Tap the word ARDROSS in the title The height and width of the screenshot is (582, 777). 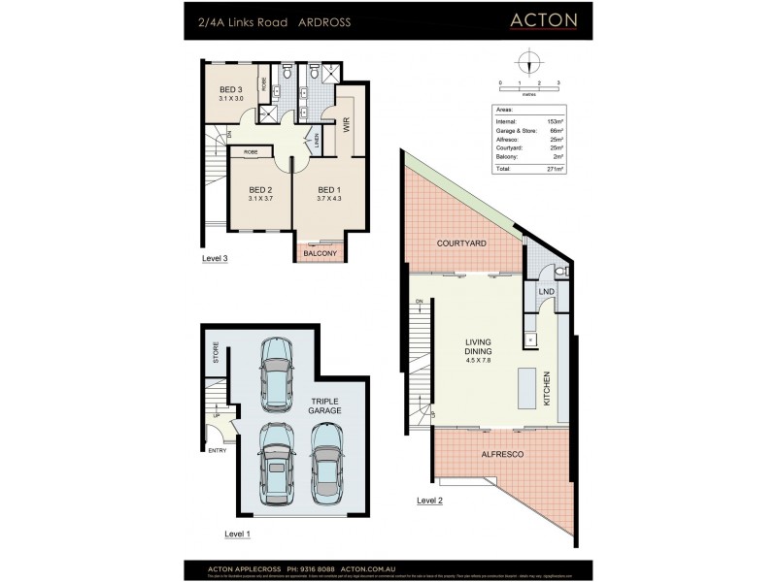(323, 21)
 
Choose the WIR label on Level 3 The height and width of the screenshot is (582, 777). (345, 124)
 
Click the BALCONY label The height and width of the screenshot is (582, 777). (320, 253)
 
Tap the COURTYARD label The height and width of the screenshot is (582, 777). (461, 243)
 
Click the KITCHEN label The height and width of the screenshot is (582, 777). (548, 388)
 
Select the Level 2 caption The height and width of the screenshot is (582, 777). (429, 501)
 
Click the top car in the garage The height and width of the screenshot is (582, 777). (276, 373)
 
